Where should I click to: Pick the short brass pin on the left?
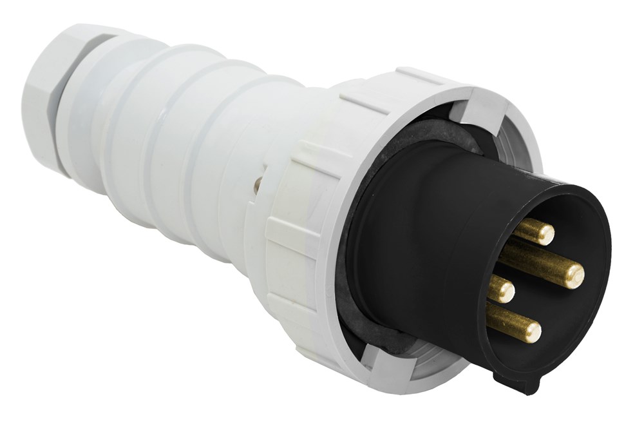point(500,289)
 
